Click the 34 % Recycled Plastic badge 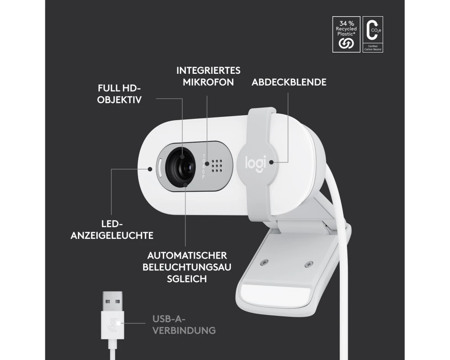pos(346,34)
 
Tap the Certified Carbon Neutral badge pos(373,34)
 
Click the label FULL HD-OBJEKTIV pos(119,94)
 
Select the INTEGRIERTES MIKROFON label pos(208,76)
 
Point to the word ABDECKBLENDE pos(289,82)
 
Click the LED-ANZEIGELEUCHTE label pos(112,229)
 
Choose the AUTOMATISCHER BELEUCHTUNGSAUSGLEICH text pos(187,267)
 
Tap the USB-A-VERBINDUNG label pos(184,325)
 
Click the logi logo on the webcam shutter pos(256,163)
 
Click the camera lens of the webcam pos(181,167)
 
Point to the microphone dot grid pos(217,166)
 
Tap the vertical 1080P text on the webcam pos(203,166)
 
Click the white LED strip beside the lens pos(160,168)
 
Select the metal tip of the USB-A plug pos(113,301)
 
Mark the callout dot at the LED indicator pos(150,169)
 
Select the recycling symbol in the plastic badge pos(346,43)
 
